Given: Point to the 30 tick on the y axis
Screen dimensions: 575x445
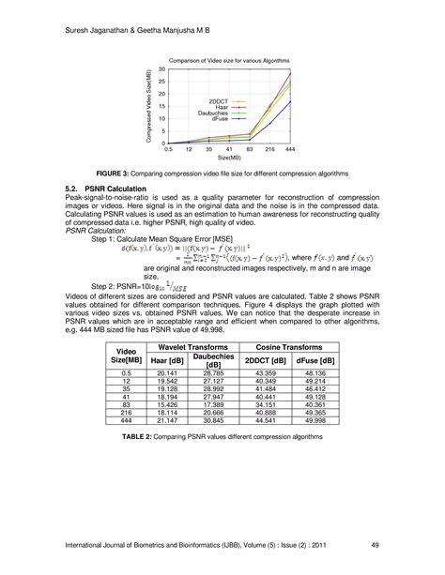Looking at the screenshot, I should (x=161, y=69).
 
